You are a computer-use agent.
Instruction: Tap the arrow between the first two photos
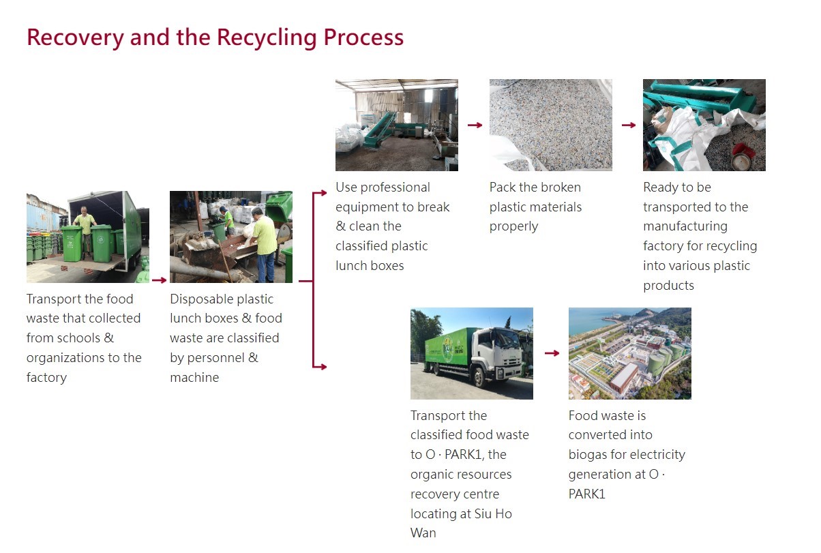point(159,280)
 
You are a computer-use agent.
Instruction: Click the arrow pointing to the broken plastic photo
point(475,125)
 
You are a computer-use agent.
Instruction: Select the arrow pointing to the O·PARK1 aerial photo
point(552,353)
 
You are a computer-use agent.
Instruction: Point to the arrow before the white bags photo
point(628,125)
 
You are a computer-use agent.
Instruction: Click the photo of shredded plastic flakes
point(550,125)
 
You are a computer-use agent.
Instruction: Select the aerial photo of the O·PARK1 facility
point(629,353)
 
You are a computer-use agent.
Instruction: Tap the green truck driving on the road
point(464,355)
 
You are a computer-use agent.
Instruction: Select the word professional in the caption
point(395,187)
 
